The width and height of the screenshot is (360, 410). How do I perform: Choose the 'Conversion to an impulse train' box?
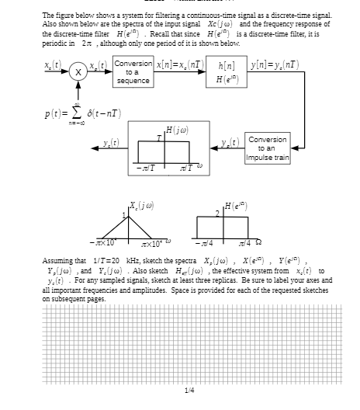pos(268,148)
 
